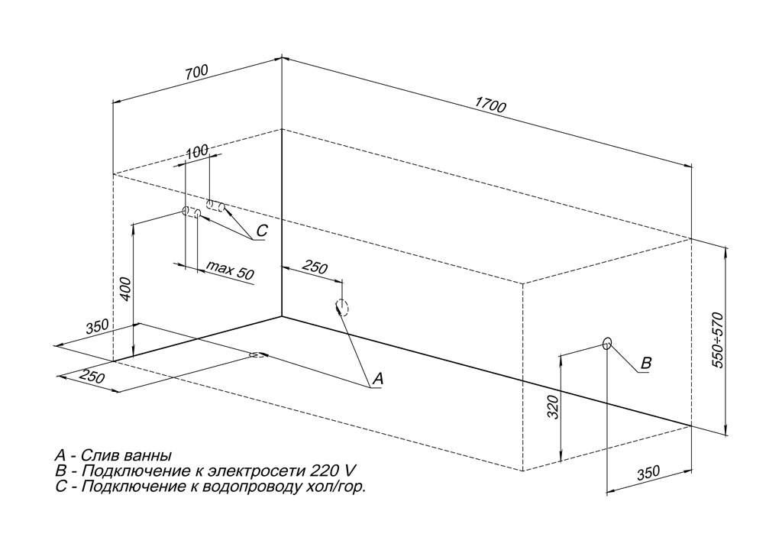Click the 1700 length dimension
point(491,106)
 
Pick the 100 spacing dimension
point(197,151)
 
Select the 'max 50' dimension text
point(230,271)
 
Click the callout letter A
point(376,378)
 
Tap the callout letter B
point(645,364)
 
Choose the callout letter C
point(262,230)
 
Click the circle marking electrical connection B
point(607,343)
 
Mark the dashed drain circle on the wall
point(341,307)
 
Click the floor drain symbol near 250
point(257,354)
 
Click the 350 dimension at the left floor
point(98,327)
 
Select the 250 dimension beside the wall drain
point(315,267)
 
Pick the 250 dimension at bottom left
point(92,378)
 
